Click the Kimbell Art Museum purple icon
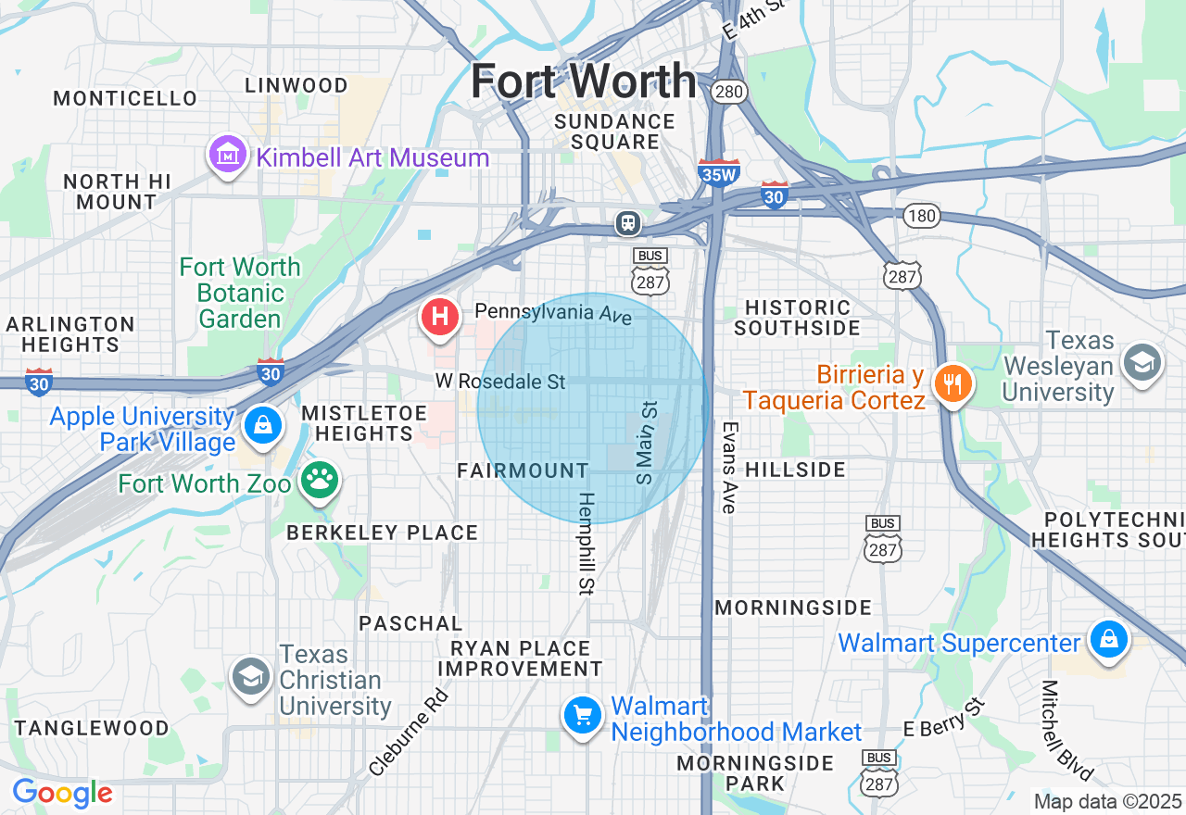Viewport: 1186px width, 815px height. [x=227, y=156]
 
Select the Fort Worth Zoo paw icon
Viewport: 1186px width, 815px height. [x=321, y=481]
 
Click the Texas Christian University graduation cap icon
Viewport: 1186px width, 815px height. [x=250, y=677]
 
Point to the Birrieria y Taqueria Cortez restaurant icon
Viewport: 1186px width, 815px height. [x=952, y=383]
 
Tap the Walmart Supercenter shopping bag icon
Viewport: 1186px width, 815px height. [x=1108, y=640]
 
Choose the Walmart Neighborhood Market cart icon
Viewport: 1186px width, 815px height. [x=583, y=715]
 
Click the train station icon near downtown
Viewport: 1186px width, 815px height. [x=628, y=222]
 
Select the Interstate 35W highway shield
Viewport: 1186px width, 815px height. [x=718, y=172]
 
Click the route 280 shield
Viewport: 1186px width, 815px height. [x=729, y=91]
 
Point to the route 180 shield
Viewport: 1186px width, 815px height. [x=922, y=216]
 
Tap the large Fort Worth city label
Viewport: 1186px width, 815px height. [x=583, y=81]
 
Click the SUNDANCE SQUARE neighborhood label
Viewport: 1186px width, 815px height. [x=614, y=132]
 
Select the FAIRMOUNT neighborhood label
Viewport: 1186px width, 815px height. [x=523, y=470]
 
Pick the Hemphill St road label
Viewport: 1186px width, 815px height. [x=587, y=543]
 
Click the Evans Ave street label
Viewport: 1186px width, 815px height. [x=729, y=468]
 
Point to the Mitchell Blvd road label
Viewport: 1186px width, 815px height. [x=1066, y=731]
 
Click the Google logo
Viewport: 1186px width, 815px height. [x=62, y=793]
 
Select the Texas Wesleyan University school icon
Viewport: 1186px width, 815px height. [x=1142, y=365]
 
